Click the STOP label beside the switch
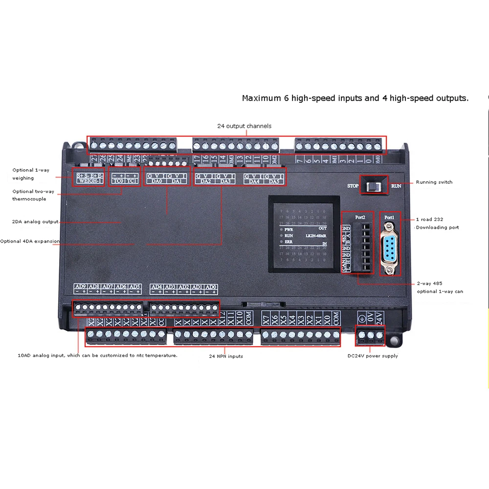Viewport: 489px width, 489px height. point(353,186)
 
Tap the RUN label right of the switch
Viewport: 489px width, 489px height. point(396,186)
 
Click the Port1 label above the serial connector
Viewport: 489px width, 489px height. point(389,217)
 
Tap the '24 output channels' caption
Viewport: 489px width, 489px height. point(244,126)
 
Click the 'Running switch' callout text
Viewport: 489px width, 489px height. point(434,182)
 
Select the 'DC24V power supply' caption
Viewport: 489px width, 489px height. point(373,356)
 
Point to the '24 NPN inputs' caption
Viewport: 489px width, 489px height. point(226,356)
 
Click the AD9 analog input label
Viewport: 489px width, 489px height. point(80,287)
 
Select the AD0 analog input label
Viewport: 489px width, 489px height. point(211,287)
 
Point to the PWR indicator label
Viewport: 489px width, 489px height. point(288,228)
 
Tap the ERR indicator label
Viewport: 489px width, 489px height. point(288,242)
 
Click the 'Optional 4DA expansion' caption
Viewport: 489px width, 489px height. point(30,241)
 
